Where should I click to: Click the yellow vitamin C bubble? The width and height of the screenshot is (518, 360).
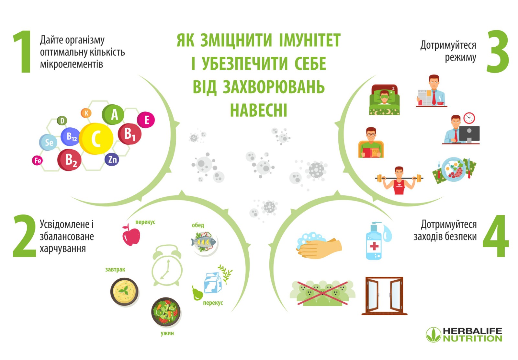(96, 139)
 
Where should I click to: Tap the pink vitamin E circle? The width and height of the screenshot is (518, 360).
(146, 120)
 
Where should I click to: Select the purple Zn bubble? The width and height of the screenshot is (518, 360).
(112, 159)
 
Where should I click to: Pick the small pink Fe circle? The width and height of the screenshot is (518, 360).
(38, 160)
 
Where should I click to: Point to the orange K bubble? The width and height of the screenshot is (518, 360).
(86, 113)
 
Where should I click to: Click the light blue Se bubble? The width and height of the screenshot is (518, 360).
(48, 142)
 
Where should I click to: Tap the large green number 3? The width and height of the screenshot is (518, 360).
(497, 52)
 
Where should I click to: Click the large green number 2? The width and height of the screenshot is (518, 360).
(24, 236)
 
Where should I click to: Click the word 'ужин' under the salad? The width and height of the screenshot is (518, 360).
(167, 333)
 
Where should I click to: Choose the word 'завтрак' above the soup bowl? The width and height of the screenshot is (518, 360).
(115, 270)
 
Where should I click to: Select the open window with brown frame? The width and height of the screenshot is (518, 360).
(384, 296)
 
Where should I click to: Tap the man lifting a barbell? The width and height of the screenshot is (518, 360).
(399, 181)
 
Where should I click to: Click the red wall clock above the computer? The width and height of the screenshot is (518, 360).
(469, 118)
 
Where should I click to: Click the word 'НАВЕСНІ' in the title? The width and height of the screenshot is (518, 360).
(258, 110)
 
